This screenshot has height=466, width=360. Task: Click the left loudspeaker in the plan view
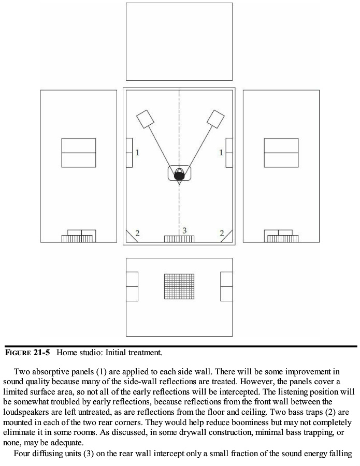pyautogui.click(x=146, y=119)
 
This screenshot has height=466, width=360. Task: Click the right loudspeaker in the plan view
pyautogui.click(x=215, y=119)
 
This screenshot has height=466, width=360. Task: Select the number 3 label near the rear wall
pyautogui.click(x=184, y=230)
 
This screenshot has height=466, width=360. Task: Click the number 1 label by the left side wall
pyautogui.click(x=137, y=153)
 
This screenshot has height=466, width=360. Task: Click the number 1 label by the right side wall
pyautogui.click(x=221, y=153)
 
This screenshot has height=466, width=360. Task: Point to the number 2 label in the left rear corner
pyautogui.click(x=137, y=234)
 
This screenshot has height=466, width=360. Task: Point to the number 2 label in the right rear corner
pyautogui.click(x=222, y=234)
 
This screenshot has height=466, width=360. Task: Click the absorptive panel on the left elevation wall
pyautogui.click(x=79, y=153)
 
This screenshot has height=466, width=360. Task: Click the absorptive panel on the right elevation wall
pyautogui.click(x=281, y=153)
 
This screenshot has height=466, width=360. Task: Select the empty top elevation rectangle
pyautogui.click(x=179, y=41)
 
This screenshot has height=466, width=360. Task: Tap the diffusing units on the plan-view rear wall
pyautogui.click(x=179, y=239)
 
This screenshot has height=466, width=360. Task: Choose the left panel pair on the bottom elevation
pyautogui.click(x=132, y=286)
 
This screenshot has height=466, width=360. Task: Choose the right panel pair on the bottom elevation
pyautogui.click(x=226, y=286)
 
